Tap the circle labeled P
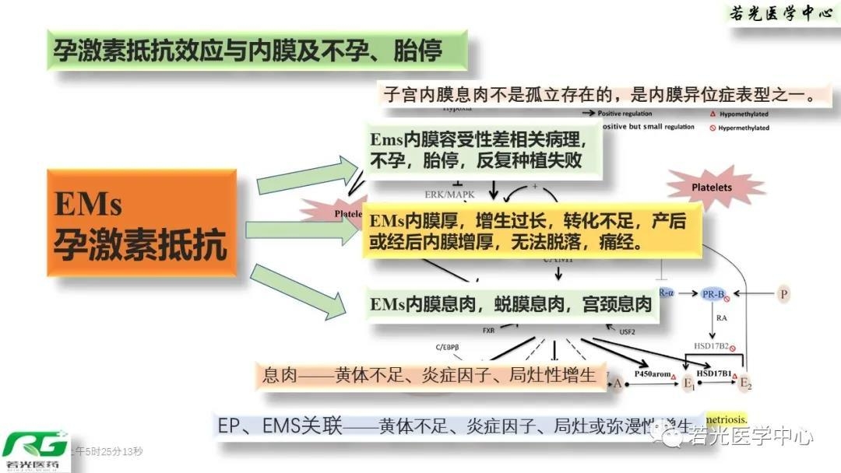click(x=784, y=293)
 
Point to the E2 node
click(x=746, y=381)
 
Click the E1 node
click(x=688, y=381)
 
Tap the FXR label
click(x=488, y=331)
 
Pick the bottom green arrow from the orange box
click(x=300, y=291)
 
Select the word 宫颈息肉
click(x=616, y=304)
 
